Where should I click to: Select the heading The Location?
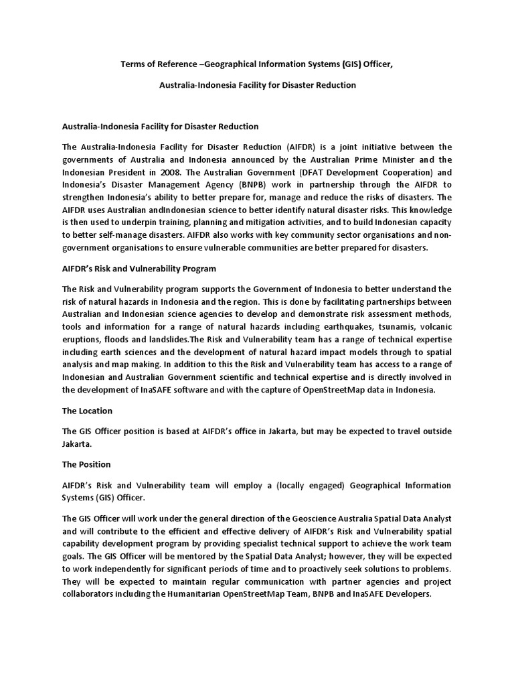pos(87,411)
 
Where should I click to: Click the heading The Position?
pos(86,464)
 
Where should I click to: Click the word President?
pos(127,171)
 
